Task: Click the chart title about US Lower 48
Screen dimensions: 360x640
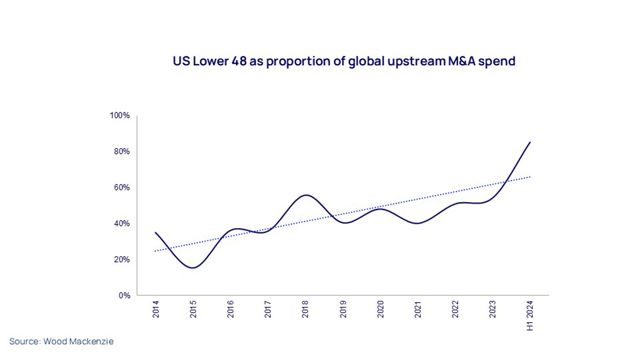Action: (344, 61)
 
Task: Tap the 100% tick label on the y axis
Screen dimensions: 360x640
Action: (120, 116)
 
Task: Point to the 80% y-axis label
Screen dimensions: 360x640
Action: (122, 152)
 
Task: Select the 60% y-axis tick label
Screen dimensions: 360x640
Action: (122, 187)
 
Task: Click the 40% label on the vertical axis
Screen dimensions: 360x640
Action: (122, 223)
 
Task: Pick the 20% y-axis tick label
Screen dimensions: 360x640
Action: (122, 260)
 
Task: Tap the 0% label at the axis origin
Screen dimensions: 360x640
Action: (124, 296)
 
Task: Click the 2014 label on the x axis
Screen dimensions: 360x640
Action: (156, 309)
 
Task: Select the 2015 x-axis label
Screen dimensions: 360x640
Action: (193, 309)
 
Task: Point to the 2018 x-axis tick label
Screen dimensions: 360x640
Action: (305, 309)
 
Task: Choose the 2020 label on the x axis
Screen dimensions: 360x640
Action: (380, 309)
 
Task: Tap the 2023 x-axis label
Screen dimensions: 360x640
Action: (492, 309)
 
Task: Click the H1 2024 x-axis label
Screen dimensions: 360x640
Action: (530, 316)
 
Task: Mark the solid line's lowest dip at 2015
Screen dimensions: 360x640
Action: (193, 268)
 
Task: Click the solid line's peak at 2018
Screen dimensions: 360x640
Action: (306, 195)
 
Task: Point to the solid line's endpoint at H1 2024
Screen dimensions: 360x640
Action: (530, 142)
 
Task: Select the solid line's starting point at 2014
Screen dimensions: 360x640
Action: (155, 233)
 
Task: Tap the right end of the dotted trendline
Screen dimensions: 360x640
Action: (530, 177)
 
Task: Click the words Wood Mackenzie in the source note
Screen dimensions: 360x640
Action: (79, 342)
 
